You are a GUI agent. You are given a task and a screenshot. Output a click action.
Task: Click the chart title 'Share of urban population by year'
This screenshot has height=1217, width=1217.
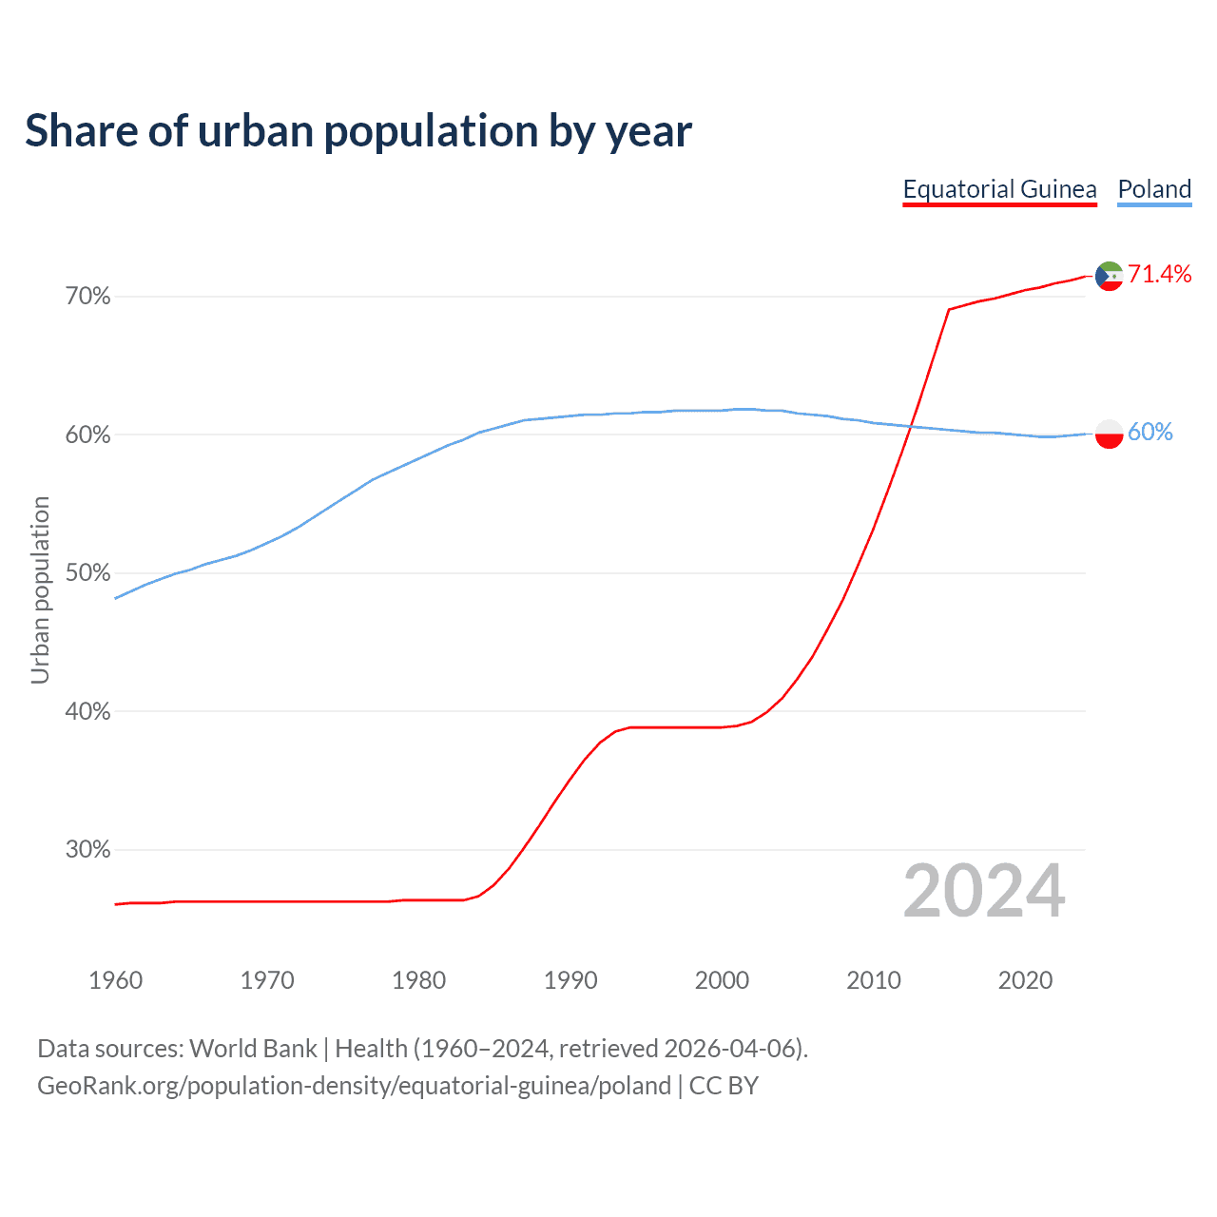358,131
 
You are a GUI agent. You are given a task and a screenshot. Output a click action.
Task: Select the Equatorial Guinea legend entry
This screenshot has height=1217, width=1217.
999,189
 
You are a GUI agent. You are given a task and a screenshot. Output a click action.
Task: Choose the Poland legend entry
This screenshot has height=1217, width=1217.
1154,189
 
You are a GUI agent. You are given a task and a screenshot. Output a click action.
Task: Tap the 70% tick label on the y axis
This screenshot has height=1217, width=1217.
87,297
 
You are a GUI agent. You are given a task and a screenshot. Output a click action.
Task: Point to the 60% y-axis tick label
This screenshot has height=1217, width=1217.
87,435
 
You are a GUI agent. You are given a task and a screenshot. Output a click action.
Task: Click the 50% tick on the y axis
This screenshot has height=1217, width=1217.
87,573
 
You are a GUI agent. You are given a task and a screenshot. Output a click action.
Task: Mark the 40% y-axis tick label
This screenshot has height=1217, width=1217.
87,711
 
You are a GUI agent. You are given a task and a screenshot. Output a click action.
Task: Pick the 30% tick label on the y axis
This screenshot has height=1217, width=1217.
87,850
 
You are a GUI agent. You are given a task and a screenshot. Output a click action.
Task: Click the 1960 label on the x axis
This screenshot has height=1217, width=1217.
115,980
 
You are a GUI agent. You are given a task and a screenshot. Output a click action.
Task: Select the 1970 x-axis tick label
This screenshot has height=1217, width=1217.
267,980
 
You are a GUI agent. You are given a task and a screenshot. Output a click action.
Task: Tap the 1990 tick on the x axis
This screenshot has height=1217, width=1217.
570,980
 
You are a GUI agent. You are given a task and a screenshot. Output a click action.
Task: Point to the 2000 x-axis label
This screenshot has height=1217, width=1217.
722,980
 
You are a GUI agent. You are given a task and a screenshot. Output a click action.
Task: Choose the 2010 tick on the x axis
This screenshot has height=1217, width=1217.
874,980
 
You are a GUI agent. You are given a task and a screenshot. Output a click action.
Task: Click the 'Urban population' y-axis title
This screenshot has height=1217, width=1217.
40,589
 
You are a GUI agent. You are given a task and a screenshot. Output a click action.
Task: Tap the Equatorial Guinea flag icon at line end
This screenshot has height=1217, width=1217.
1109,276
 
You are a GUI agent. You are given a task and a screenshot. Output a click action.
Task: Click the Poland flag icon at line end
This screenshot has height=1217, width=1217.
1109,434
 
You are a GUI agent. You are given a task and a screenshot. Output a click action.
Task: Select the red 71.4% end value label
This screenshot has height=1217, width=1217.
1159,275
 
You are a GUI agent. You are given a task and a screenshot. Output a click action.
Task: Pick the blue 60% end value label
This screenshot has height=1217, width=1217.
1149,433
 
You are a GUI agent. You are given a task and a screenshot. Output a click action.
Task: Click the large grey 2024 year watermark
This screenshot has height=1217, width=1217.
984,891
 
